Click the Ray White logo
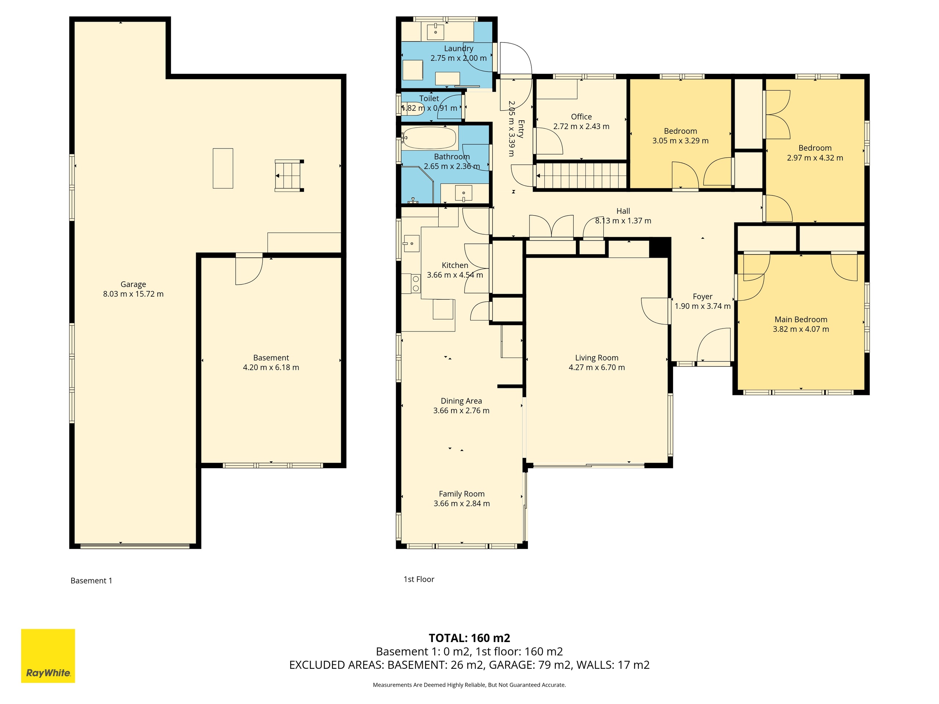click(x=48, y=656)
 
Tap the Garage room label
click(x=133, y=284)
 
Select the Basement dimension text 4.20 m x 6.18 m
click(x=271, y=367)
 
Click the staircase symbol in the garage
click(x=289, y=176)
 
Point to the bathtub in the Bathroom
click(x=430, y=138)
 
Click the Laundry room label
click(x=458, y=48)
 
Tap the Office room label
click(x=581, y=117)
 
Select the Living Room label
click(x=596, y=358)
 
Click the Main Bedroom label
click(x=801, y=319)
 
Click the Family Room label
click(x=461, y=494)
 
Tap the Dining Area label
click(x=461, y=401)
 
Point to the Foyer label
click(x=702, y=297)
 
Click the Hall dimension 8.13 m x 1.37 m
click(x=623, y=221)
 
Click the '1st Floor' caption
click(x=419, y=579)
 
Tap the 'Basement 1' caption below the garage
click(x=91, y=580)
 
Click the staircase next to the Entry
click(x=581, y=176)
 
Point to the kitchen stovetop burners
click(x=416, y=283)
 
